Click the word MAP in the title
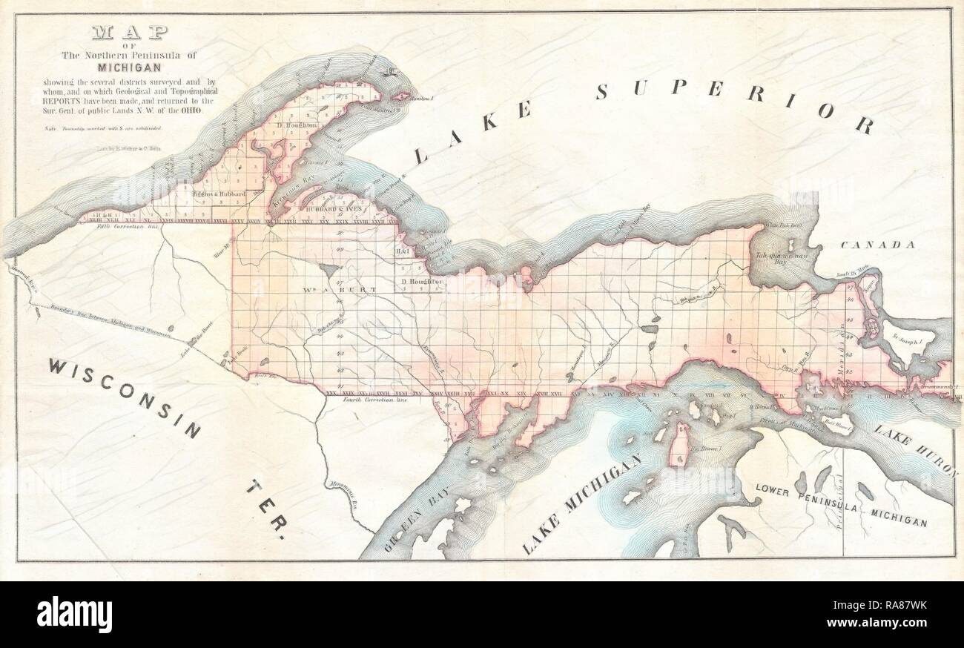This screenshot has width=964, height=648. click(129, 33)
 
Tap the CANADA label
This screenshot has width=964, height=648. click(878, 245)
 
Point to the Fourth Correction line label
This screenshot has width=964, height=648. click(376, 400)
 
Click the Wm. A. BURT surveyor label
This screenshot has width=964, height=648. click(331, 288)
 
